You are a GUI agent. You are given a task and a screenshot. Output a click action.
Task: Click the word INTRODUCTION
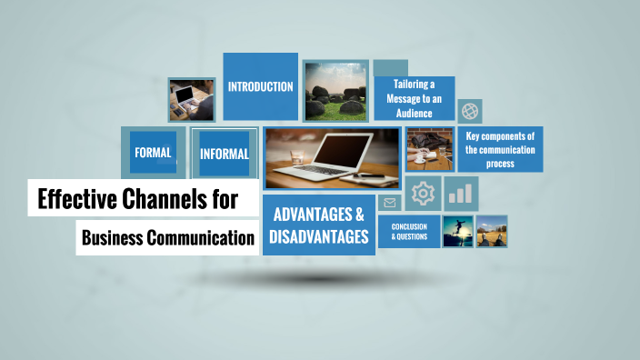260,87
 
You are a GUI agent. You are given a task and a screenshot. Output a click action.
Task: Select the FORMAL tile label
153,153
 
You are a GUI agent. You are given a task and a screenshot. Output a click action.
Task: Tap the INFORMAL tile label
225,154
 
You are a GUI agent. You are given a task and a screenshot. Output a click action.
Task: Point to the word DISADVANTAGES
319,237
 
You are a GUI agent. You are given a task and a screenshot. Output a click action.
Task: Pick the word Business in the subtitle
114,239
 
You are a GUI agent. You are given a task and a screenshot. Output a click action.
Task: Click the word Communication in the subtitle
201,239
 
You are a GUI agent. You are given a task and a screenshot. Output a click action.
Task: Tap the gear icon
423,194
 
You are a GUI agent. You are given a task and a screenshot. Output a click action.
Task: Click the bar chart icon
462,194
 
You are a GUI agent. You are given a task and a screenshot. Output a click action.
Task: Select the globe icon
470,112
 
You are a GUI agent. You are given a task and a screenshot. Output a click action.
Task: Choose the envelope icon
390,203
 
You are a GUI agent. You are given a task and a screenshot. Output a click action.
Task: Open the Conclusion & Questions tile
409,231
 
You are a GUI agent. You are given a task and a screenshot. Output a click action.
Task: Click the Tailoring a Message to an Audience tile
414,98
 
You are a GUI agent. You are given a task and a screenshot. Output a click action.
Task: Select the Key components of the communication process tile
500,149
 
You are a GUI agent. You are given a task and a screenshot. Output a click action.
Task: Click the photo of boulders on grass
335,91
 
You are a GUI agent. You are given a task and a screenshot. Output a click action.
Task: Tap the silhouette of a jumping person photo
457,231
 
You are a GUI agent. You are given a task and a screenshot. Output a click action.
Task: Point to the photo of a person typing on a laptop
191,99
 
